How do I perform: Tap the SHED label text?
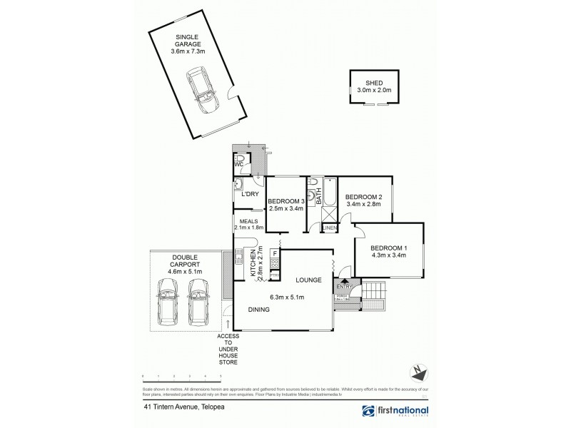tap(369, 82)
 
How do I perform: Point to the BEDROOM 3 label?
tap(286, 202)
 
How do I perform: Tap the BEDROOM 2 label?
tap(364, 197)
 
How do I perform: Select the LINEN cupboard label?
tap(329, 228)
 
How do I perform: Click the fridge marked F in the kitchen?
tap(275, 253)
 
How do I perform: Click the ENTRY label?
tap(344, 287)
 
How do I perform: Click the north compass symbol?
tap(419, 372)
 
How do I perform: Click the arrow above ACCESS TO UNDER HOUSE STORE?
tap(228, 324)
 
